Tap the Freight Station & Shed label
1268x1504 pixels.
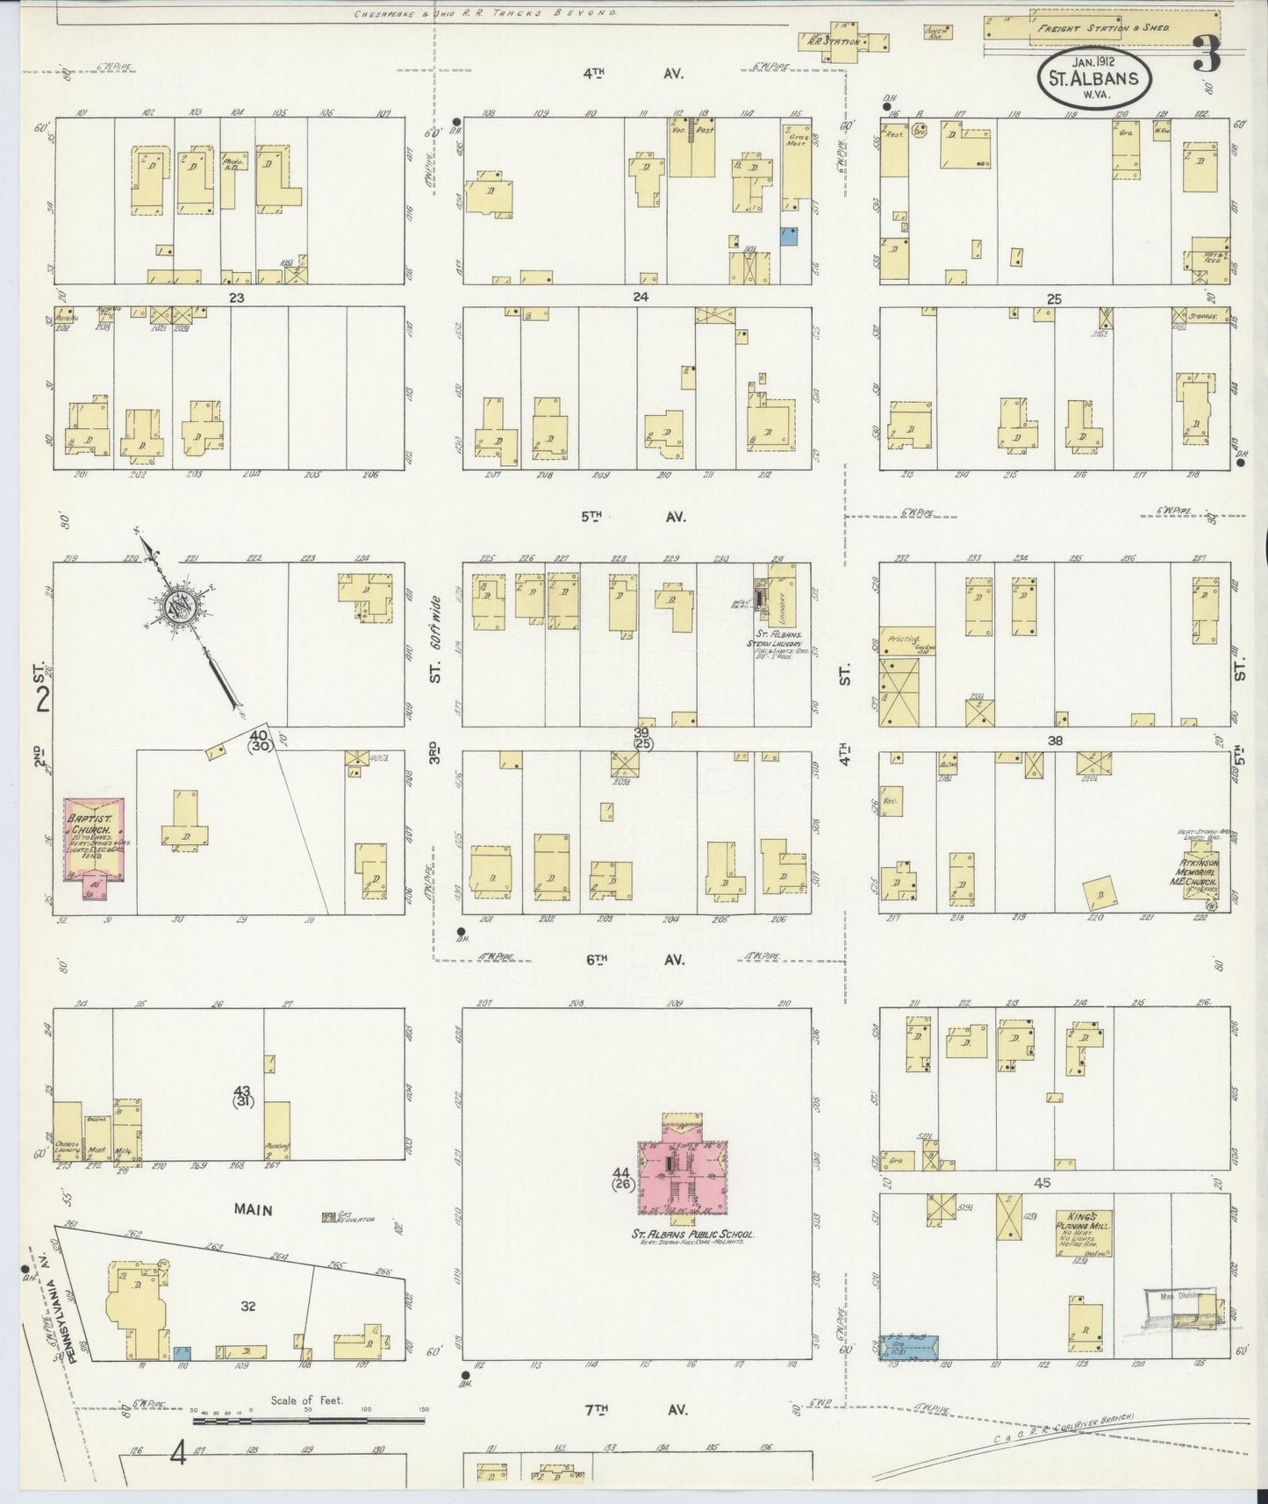[1102, 28]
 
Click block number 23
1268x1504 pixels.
[235, 297]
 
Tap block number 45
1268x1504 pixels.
[1042, 1184]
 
